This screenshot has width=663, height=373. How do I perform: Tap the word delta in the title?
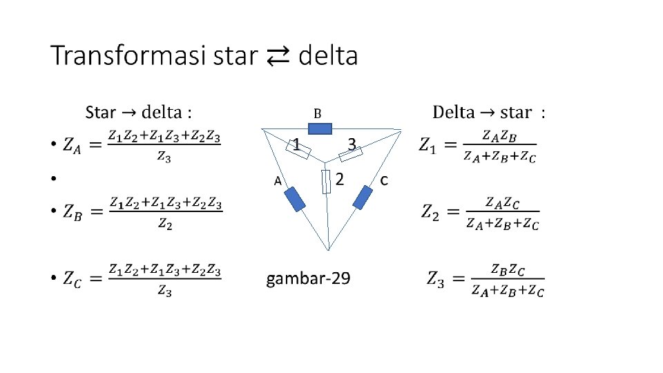coord(328,56)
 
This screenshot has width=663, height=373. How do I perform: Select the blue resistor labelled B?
coord(320,128)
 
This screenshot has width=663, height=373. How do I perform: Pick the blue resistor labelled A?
coord(295,199)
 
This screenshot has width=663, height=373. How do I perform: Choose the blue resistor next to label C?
coord(362,198)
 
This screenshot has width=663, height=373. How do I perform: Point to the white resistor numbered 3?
coord(352,153)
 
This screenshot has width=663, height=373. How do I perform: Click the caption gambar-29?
coord(308,278)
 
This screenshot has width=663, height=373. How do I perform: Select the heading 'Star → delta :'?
coord(139,112)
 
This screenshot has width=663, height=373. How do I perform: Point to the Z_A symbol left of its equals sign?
coord(70,145)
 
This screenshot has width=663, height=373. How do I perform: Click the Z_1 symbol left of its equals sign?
coord(427,146)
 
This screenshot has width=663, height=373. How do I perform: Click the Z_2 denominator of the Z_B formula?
coord(164,223)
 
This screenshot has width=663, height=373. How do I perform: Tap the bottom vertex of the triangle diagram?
coord(329,251)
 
